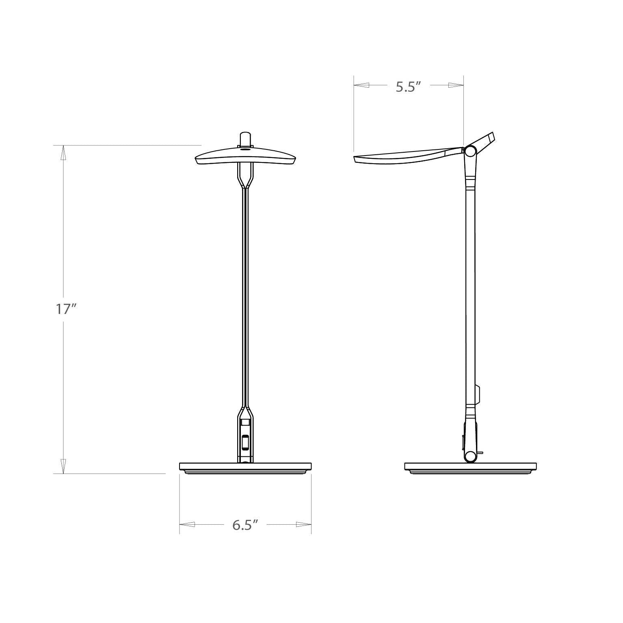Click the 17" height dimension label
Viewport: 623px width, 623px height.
pyautogui.click(x=66, y=309)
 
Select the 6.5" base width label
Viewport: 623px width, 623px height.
pyautogui.click(x=245, y=525)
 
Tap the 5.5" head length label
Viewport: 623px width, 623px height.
pyautogui.click(x=408, y=87)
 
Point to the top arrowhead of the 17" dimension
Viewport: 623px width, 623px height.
pyautogui.click(x=63, y=153)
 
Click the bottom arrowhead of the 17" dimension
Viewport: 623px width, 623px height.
pyautogui.click(x=63, y=466)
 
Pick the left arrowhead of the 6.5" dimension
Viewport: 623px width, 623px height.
pyautogui.click(x=187, y=524)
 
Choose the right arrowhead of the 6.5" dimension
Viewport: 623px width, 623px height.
pyautogui.click(x=303, y=524)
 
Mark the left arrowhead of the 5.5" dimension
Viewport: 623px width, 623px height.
pyautogui.click(x=361, y=85)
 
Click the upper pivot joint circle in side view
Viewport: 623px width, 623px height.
pyautogui.click(x=470, y=152)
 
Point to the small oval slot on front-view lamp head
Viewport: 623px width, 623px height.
pyautogui.click(x=245, y=149)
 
